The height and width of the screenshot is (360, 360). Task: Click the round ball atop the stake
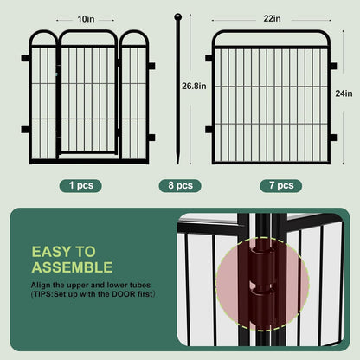(x=178, y=16)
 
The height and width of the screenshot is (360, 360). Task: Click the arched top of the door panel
(x=87, y=35)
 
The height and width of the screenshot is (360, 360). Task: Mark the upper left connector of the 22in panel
(x=209, y=59)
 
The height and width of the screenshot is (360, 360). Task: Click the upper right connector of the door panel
(x=151, y=64)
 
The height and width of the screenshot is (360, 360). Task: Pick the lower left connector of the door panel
(x=25, y=130)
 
